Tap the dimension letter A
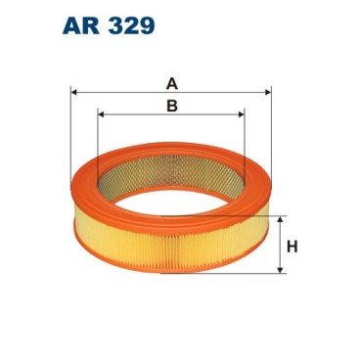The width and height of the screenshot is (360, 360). pos(172,83)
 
